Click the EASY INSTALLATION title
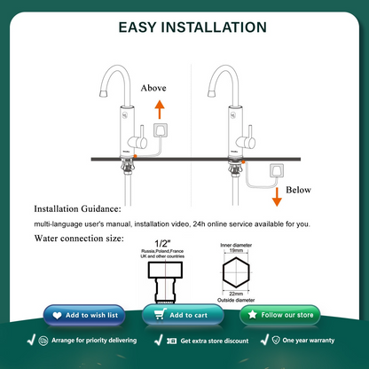pyautogui.click(x=184, y=27)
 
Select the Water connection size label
pyautogui.click(x=78, y=238)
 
